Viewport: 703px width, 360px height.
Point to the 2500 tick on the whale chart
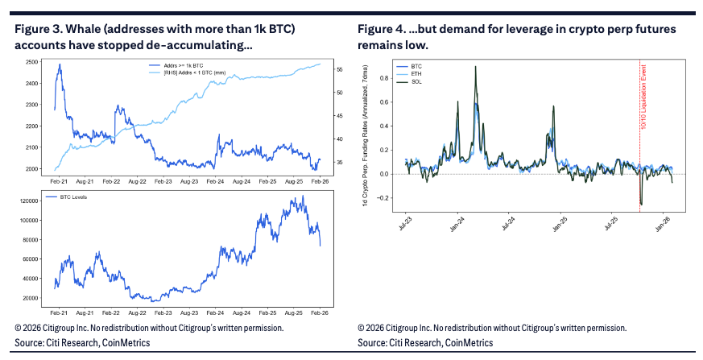33,62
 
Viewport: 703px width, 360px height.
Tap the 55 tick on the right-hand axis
339,70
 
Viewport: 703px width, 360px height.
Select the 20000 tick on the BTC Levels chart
32,298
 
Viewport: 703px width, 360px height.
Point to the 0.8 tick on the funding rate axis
390,78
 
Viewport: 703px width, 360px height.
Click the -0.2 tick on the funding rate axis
388,198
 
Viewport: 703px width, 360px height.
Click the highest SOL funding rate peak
474,67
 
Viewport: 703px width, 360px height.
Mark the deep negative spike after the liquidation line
641,204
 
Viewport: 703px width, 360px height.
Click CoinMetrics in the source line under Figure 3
126,342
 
